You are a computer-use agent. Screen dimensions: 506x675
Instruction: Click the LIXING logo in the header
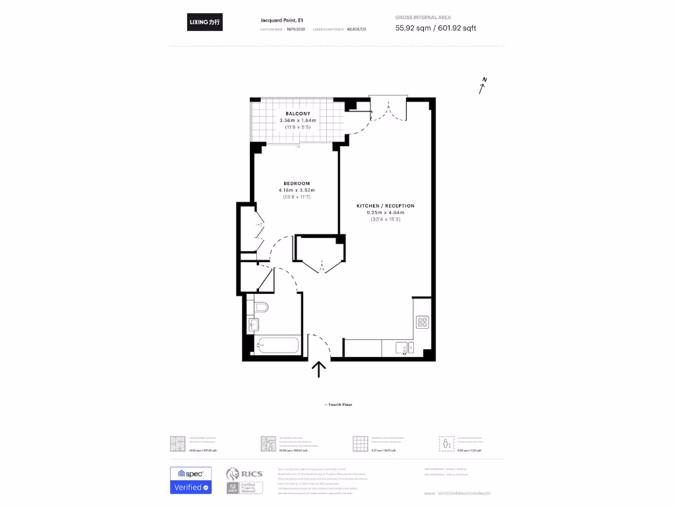pos(204,22)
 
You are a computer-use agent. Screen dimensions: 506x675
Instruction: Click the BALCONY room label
pos(298,113)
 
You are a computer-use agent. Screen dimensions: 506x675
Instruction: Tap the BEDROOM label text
pos(297,183)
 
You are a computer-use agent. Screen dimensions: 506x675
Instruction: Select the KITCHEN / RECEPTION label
pos(386,206)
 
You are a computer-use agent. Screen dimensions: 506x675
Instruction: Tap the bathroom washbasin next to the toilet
pos(254,324)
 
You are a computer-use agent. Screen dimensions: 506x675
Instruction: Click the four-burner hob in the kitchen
pos(423,322)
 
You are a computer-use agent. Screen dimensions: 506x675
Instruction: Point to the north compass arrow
pos(483,86)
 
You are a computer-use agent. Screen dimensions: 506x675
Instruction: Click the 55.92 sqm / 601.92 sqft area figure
pos(435,28)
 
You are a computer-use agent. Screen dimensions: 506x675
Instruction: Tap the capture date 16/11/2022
pos(295,30)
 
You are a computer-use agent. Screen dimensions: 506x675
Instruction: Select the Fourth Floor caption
pos(338,405)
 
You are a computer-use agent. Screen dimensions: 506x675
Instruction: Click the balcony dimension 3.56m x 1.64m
pos(298,121)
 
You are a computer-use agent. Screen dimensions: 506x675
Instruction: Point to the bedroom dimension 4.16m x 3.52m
pos(297,190)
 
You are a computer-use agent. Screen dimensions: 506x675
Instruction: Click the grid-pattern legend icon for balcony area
pos(360,443)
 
